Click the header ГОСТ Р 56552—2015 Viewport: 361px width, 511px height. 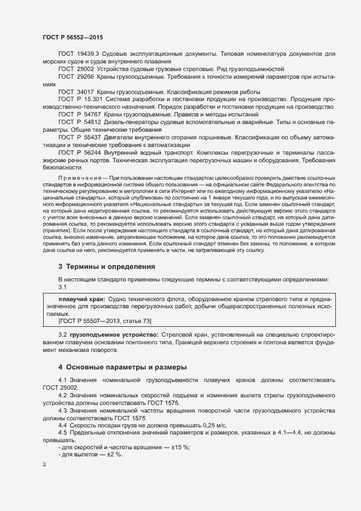73,37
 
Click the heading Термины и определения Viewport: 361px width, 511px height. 106,266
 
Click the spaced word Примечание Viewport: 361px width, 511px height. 82,178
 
